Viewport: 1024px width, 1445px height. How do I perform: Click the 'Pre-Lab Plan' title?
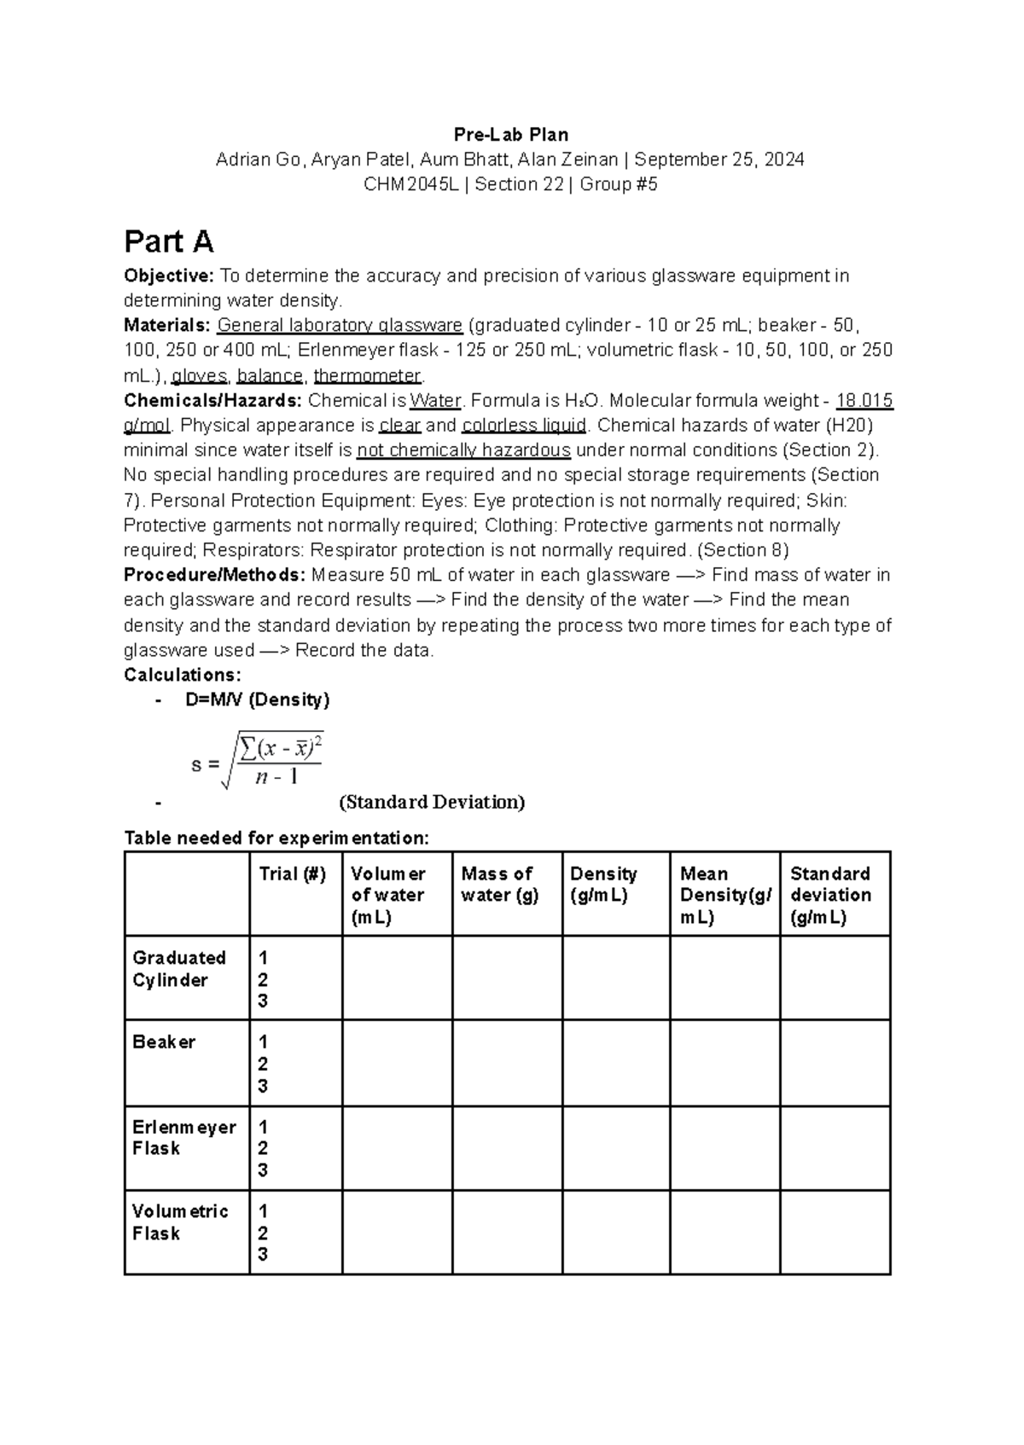(510, 135)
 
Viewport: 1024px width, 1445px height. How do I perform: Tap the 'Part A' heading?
(168, 242)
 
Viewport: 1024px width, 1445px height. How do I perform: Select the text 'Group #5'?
(619, 184)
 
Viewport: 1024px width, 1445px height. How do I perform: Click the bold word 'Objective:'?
(169, 276)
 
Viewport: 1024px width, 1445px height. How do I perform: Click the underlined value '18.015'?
(864, 401)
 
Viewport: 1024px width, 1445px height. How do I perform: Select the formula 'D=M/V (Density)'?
(257, 700)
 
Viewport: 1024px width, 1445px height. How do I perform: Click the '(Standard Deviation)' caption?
(432, 802)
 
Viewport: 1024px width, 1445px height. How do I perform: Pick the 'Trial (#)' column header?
(293, 874)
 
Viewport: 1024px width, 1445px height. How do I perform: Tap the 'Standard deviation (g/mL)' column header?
(830, 895)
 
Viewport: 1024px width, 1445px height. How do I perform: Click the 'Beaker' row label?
(164, 1042)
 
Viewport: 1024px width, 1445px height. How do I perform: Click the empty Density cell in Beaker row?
(615, 1063)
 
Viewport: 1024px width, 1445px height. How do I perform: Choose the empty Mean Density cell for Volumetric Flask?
(724, 1233)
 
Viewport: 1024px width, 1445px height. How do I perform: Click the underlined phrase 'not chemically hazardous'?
(463, 450)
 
